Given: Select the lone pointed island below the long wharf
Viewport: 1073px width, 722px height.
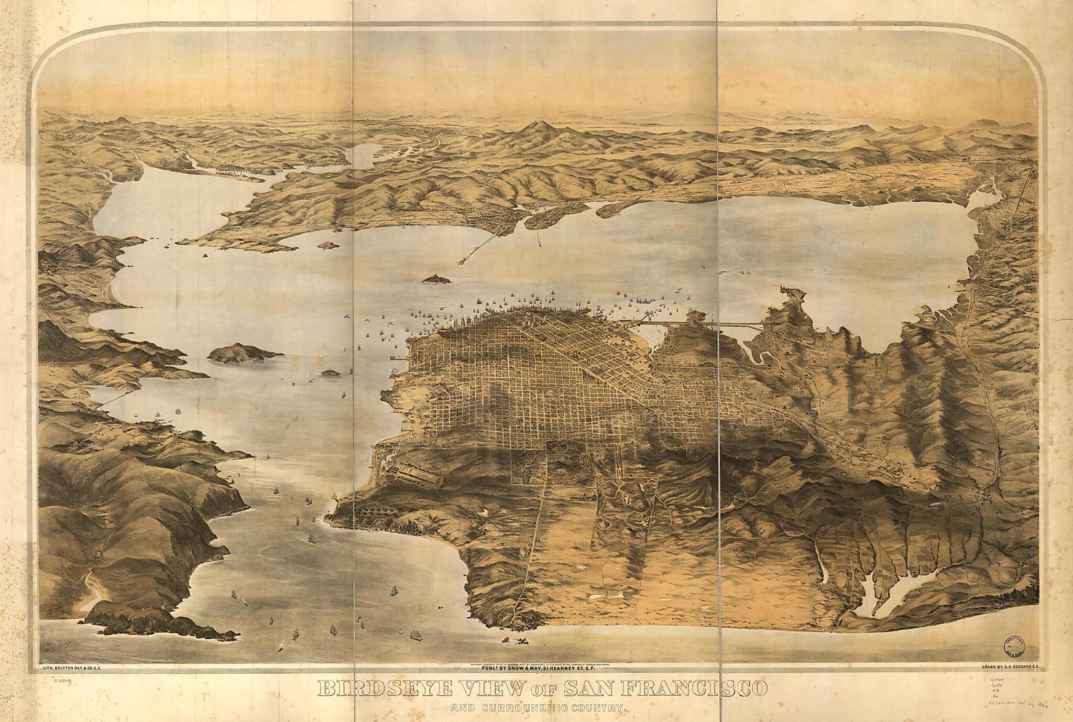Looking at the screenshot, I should [x=437, y=279].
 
